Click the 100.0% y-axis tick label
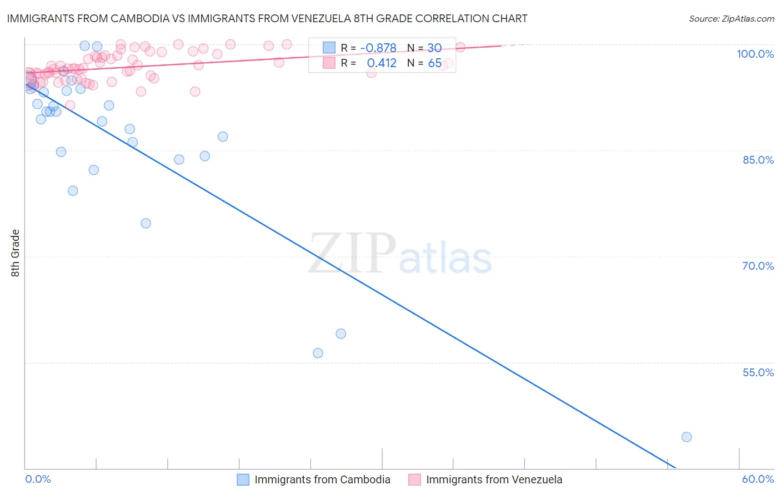tap(755, 54)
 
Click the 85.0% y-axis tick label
tap(758, 160)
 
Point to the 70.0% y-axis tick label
tap(758, 266)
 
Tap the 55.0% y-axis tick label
tap(758, 372)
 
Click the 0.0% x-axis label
tap(38, 479)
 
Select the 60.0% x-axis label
tap(758, 479)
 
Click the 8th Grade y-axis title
tap(16, 253)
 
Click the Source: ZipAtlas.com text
tap(731, 18)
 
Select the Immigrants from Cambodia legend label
tap(322, 479)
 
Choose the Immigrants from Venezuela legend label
tap(494, 479)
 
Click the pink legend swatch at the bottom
tap(414, 479)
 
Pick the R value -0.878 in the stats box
tap(378, 48)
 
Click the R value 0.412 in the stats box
tap(382, 63)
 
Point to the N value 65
tap(434, 63)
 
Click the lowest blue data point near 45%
tap(687, 437)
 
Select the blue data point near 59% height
tap(341, 334)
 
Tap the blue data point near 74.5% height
tap(146, 223)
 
